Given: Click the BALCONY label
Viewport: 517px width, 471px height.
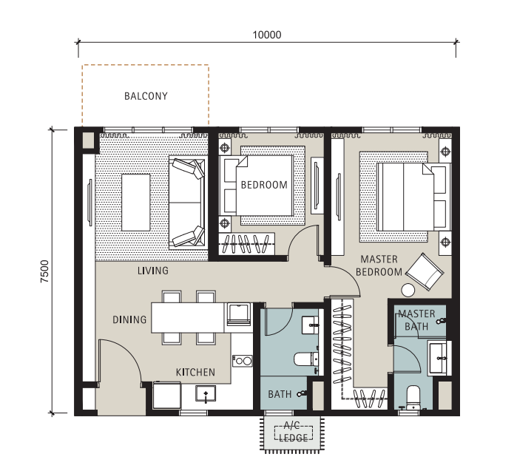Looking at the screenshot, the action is tap(146, 96).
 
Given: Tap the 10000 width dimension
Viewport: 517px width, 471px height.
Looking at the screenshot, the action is tap(267, 35).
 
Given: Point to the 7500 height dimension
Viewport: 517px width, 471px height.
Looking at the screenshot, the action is tap(44, 271).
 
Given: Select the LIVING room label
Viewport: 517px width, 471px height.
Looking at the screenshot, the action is tap(153, 271).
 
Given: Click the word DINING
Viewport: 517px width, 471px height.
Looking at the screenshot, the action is tap(129, 319).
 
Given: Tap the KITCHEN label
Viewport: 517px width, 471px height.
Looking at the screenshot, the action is tap(195, 373).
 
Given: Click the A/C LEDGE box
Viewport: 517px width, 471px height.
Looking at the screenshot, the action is tap(293, 433).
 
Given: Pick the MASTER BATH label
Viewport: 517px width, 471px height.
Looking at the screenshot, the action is tap(416, 320).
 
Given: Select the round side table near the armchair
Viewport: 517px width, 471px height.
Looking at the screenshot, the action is tap(408, 290).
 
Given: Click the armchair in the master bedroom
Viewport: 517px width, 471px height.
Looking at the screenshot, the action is tap(425, 272).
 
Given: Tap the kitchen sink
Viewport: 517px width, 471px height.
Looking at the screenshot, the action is tap(206, 393).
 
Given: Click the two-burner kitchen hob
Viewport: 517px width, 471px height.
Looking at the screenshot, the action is tap(243, 361).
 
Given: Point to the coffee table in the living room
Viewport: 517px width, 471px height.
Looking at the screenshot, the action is tap(136, 203).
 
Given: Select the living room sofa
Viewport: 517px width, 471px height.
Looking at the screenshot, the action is tap(188, 203).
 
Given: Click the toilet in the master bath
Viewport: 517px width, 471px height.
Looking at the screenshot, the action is tap(413, 397).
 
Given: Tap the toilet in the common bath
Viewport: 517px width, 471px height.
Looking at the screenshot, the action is tap(305, 359).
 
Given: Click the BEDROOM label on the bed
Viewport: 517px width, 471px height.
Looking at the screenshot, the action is tap(264, 185).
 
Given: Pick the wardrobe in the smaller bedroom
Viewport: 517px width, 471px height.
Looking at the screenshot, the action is tap(247, 243).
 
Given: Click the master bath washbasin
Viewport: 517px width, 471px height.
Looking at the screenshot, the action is tap(438, 358).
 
